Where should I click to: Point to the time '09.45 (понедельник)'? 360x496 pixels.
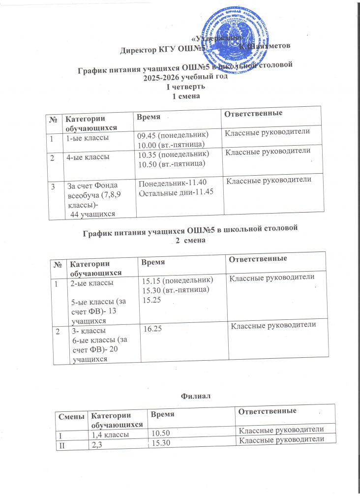173,134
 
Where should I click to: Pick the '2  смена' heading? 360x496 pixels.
189,241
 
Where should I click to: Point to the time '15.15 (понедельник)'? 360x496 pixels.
177,280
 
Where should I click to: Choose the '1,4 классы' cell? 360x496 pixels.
111,434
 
